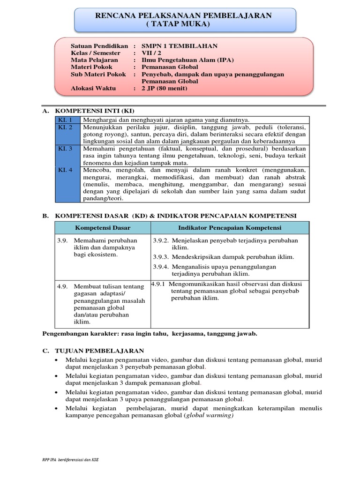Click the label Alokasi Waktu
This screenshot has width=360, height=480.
pyautogui.click(x=92, y=88)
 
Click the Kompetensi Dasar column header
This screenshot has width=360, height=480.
pyautogui.click(x=103, y=228)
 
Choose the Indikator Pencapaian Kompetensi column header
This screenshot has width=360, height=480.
pyautogui.click(x=229, y=228)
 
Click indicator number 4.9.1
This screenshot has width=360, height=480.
pyautogui.click(x=159, y=284)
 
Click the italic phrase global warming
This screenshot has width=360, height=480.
pyautogui.click(x=209, y=415)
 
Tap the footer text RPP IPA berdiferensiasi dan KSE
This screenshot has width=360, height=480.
pyautogui.click(x=70, y=459)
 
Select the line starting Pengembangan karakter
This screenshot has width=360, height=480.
pyautogui.click(x=150, y=334)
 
